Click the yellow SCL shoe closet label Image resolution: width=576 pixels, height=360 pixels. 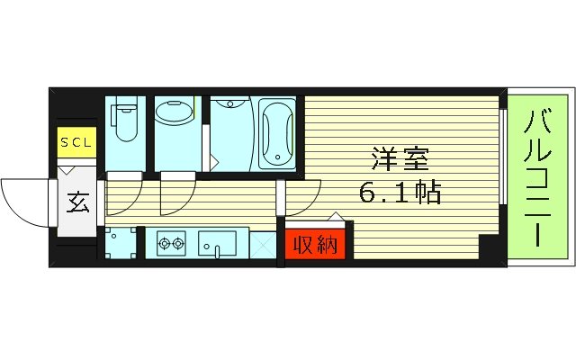pyautogui.click(x=76, y=142)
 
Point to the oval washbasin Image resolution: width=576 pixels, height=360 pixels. pyautogui.click(x=175, y=114)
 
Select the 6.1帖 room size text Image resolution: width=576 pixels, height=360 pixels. pyautogui.click(x=401, y=193)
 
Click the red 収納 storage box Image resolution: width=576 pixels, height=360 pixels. pyautogui.click(x=312, y=245)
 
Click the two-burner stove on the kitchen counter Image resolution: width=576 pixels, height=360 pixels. pyautogui.click(x=171, y=242)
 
